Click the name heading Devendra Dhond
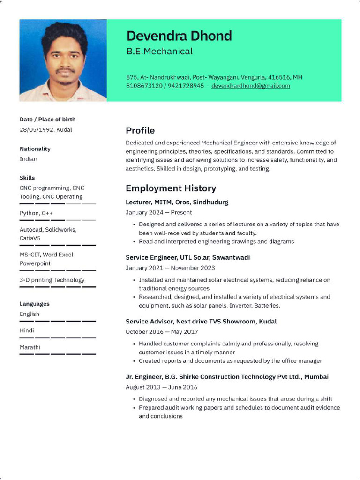click(179, 36)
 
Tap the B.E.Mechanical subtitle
click(159, 52)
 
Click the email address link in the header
click(250, 86)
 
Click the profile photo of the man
click(63, 60)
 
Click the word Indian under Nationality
click(28, 159)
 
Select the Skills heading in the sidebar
click(27, 178)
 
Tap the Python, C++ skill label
click(36, 213)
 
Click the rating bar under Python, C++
click(57, 220)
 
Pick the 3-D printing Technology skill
click(52, 280)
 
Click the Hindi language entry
click(27, 330)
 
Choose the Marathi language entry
click(30, 347)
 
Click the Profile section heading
click(140, 130)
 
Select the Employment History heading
click(171, 188)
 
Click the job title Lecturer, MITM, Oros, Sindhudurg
click(177, 202)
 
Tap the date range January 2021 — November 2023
click(170, 268)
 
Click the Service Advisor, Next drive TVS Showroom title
click(201, 322)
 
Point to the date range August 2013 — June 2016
click(161, 387)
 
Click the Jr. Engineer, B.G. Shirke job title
click(227, 377)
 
